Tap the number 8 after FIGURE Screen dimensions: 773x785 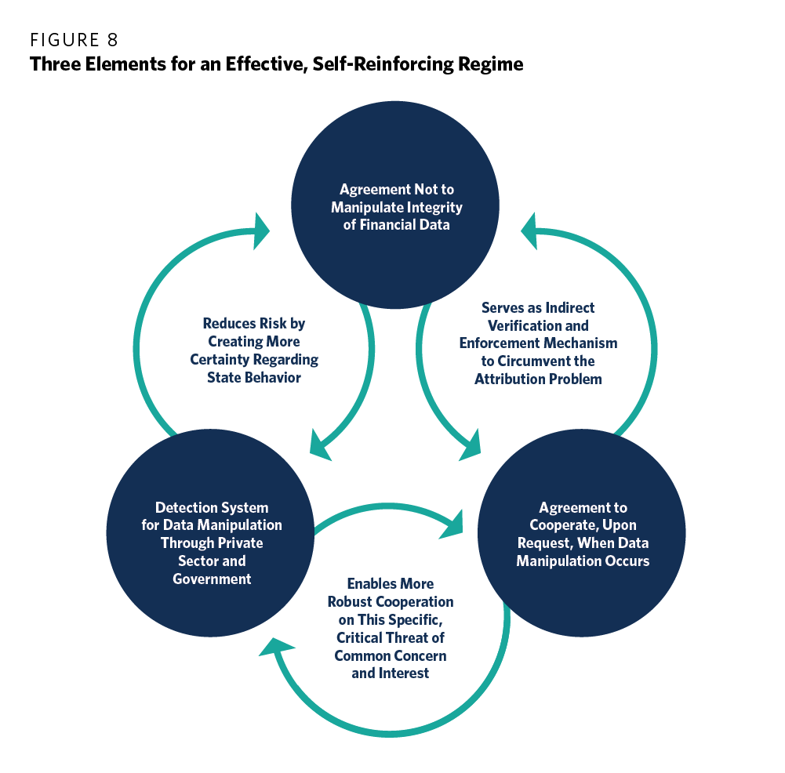point(113,40)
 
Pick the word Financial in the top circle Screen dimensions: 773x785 point(385,226)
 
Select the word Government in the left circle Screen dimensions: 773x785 point(212,579)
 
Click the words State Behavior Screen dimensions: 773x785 point(254,378)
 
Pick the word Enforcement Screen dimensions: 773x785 point(497,343)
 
